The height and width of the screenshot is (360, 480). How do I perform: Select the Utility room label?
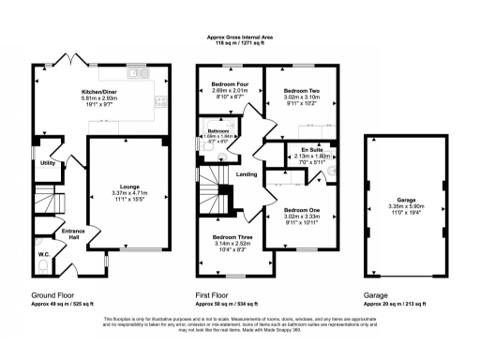tap(47, 162)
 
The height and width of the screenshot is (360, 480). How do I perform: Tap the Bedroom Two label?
tap(303, 90)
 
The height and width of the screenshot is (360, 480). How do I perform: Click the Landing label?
tap(247, 174)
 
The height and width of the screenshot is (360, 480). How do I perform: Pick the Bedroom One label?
tap(303, 210)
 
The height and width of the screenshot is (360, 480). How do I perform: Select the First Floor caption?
tap(214, 294)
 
